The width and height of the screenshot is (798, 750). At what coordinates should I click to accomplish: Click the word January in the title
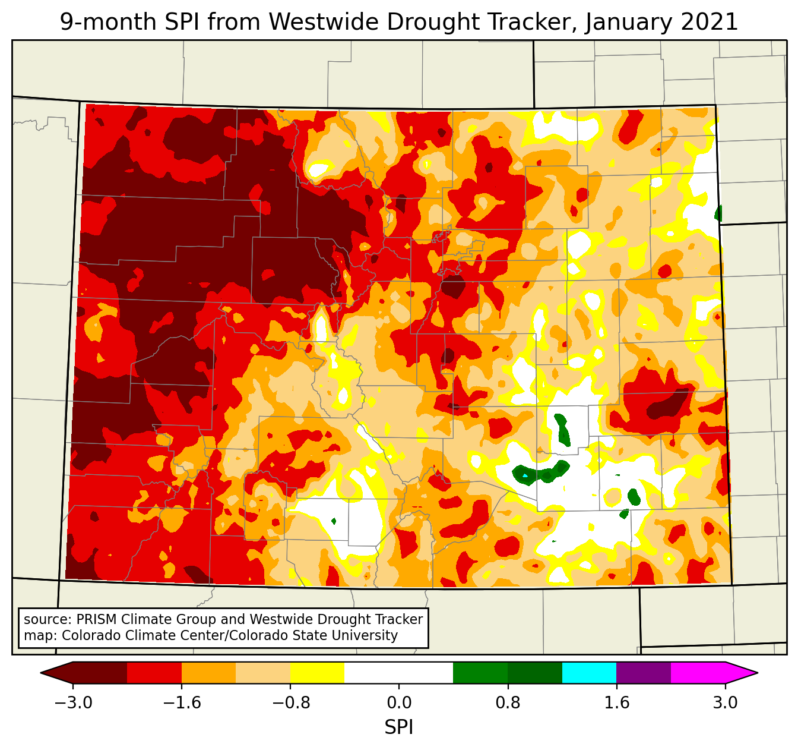(x=626, y=23)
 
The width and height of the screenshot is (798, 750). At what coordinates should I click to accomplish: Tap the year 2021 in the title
(x=707, y=23)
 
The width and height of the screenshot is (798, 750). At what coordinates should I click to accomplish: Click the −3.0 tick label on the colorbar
(x=73, y=703)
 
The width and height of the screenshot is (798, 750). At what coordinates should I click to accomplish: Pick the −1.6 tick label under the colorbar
(x=182, y=703)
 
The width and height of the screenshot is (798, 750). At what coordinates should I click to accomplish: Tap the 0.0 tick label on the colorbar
(x=399, y=703)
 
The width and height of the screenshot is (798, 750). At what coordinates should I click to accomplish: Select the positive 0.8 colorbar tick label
(x=508, y=703)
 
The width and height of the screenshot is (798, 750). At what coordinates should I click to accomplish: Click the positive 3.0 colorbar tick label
(x=725, y=703)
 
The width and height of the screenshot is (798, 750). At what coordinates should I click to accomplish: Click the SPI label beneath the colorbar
(x=399, y=727)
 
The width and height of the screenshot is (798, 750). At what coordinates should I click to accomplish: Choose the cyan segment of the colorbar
(x=589, y=673)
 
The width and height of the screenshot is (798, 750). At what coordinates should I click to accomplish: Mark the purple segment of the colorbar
(x=644, y=673)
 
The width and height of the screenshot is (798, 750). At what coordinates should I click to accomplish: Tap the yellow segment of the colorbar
(x=317, y=673)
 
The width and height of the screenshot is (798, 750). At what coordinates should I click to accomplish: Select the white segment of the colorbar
(x=399, y=673)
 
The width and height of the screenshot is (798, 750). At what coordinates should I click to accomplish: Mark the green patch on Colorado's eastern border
(x=718, y=213)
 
